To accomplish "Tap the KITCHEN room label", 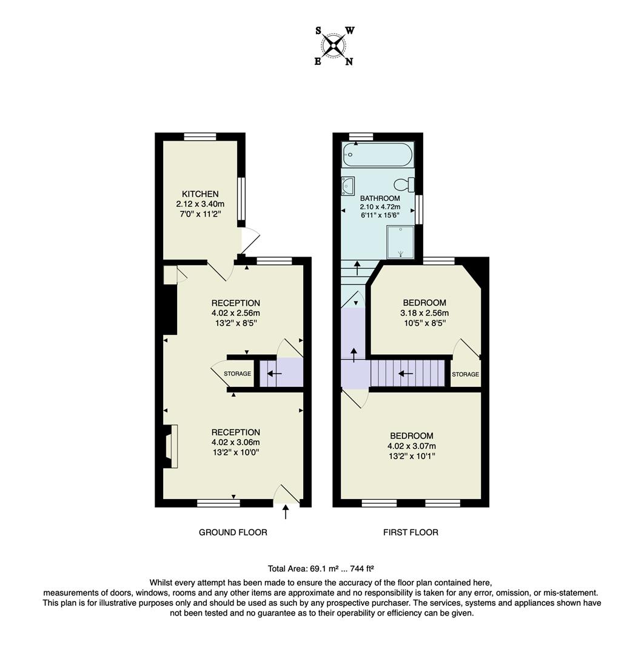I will [196, 194].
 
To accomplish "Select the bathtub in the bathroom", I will [377, 155].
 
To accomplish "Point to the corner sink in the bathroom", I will [348, 186].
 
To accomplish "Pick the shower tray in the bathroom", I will [400, 242].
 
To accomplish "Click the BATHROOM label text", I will [380, 198].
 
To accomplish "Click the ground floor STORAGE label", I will [238, 374].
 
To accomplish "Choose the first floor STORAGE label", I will [465, 374].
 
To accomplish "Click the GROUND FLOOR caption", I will [233, 532].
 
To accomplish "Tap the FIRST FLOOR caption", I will [411, 532].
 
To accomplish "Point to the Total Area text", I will [321, 569].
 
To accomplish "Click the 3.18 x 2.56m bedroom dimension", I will [424, 313].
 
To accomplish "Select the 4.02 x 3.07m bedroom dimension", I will [412, 446].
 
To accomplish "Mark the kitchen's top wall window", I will [200, 137].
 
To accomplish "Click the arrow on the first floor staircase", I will [406, 373].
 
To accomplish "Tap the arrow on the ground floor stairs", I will [274, 374].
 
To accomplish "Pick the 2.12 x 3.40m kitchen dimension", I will [196, 204].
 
